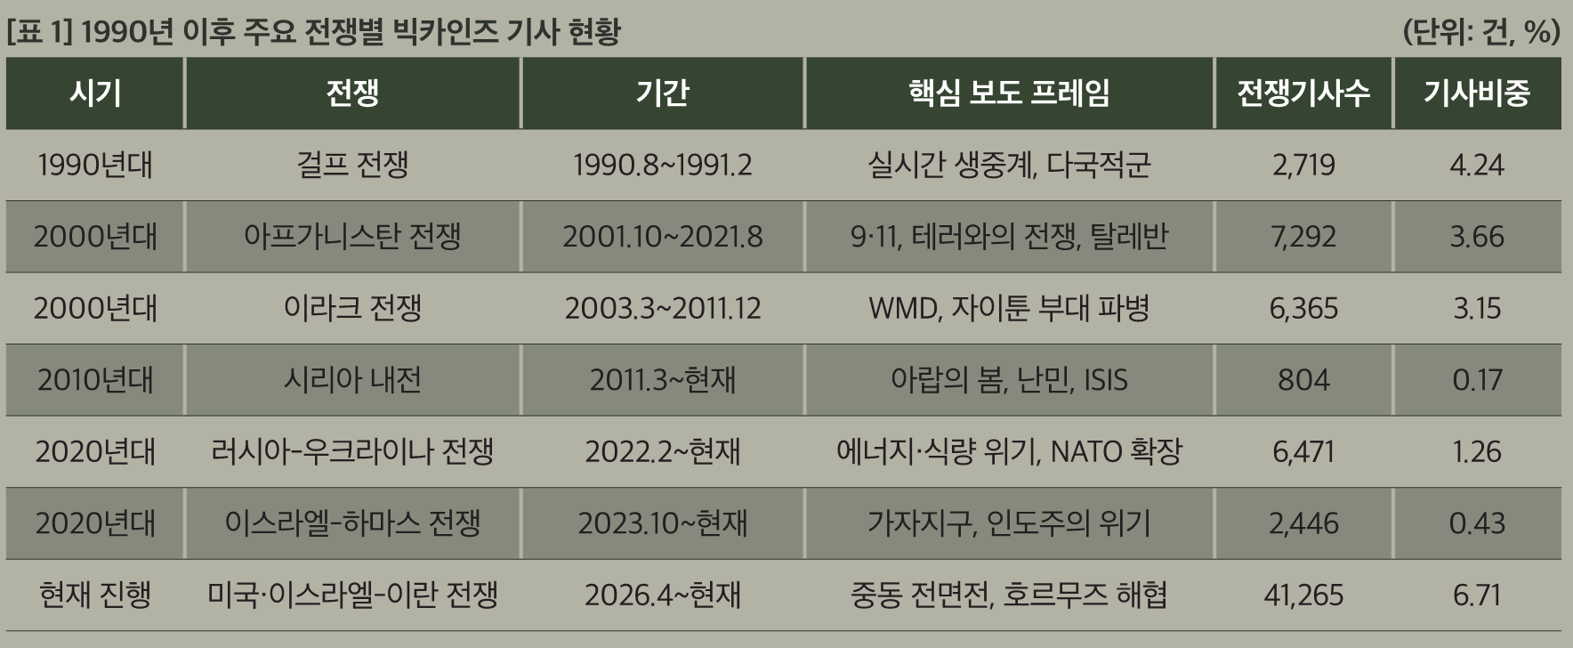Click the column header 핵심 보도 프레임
pos(1009,93)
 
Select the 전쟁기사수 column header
pos(1303,93)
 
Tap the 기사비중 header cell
pos(1477,93)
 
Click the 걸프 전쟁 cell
pos(352,165)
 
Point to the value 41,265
pos(1303,595)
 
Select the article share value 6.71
pos(1477,595)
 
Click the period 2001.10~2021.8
pos(663,237)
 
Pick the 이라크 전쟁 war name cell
pos(352,308)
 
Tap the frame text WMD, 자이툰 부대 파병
pos(1009,308)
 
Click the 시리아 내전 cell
pos(352,380)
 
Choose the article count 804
pos(1303,380)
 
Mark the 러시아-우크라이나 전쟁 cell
pos(352,451)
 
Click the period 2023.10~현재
pos(663,523)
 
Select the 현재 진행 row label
pos(95,595)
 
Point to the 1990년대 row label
pos(95,165)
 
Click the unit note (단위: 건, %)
pos(1481,32)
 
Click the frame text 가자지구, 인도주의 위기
pos(1009,523)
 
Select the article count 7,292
pos(1303,237)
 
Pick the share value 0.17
pos(1477,380)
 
